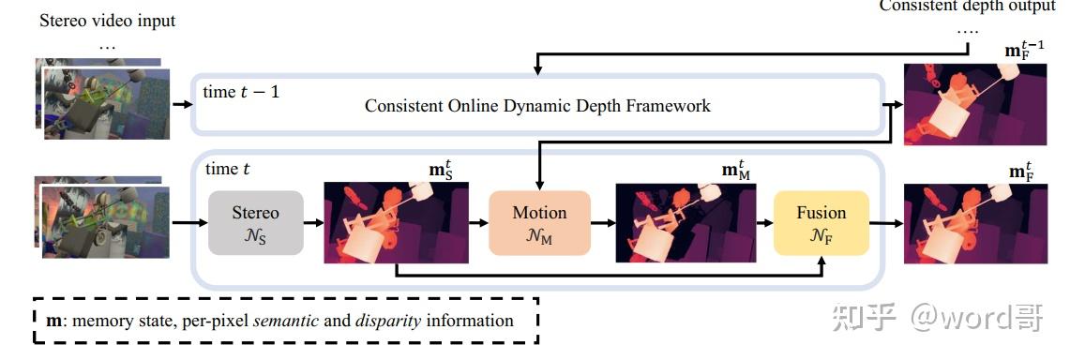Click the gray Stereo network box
pyautogui.click(x=255, y=223)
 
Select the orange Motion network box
pyautogui.click(x=539, y=223)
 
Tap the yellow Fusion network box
pyautogui.click(x=821, y=223)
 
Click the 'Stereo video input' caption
pyautogui.click(x=107, y=21)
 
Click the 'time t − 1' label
pyautogui.click(x=241, y=91)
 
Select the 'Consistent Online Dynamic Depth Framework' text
pyautogui.click(x=537, y=106)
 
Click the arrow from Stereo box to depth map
pyautogui.click(x=313, y=223)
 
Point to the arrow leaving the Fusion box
pyautogui.click(x=885, y=223)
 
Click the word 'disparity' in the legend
pyautogui.click(x=387, y=321)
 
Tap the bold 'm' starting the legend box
pyautogui.click(x=53, y=321)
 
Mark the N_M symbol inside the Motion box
pyautogui.click(x=539, y=237)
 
